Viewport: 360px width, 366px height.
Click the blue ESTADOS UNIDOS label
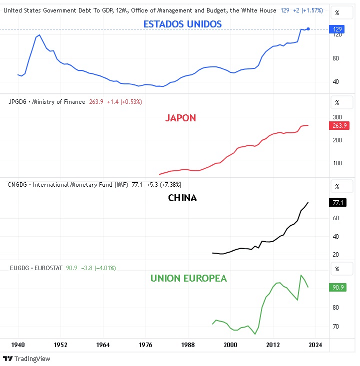pos(182,24)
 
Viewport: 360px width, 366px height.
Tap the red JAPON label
pos(180,118)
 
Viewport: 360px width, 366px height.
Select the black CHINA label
pos(182,198)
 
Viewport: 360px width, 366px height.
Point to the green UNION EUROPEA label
pos(188,278)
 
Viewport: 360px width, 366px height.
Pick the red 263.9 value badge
pos(339,125)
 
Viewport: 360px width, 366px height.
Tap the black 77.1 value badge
pos(337,202)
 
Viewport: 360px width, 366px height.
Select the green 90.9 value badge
pos(337,287)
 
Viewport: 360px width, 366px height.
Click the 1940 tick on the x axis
pos(18,345)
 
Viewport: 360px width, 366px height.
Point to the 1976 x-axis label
pos(145,345)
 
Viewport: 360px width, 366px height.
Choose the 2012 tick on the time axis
pos(273,345)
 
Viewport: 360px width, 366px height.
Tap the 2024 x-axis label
pos(315,345)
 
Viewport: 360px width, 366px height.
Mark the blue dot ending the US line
pos(308,29)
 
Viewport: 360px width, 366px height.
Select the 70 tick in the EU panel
pos(336,327)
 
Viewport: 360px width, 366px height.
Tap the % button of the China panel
pos(337,186)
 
